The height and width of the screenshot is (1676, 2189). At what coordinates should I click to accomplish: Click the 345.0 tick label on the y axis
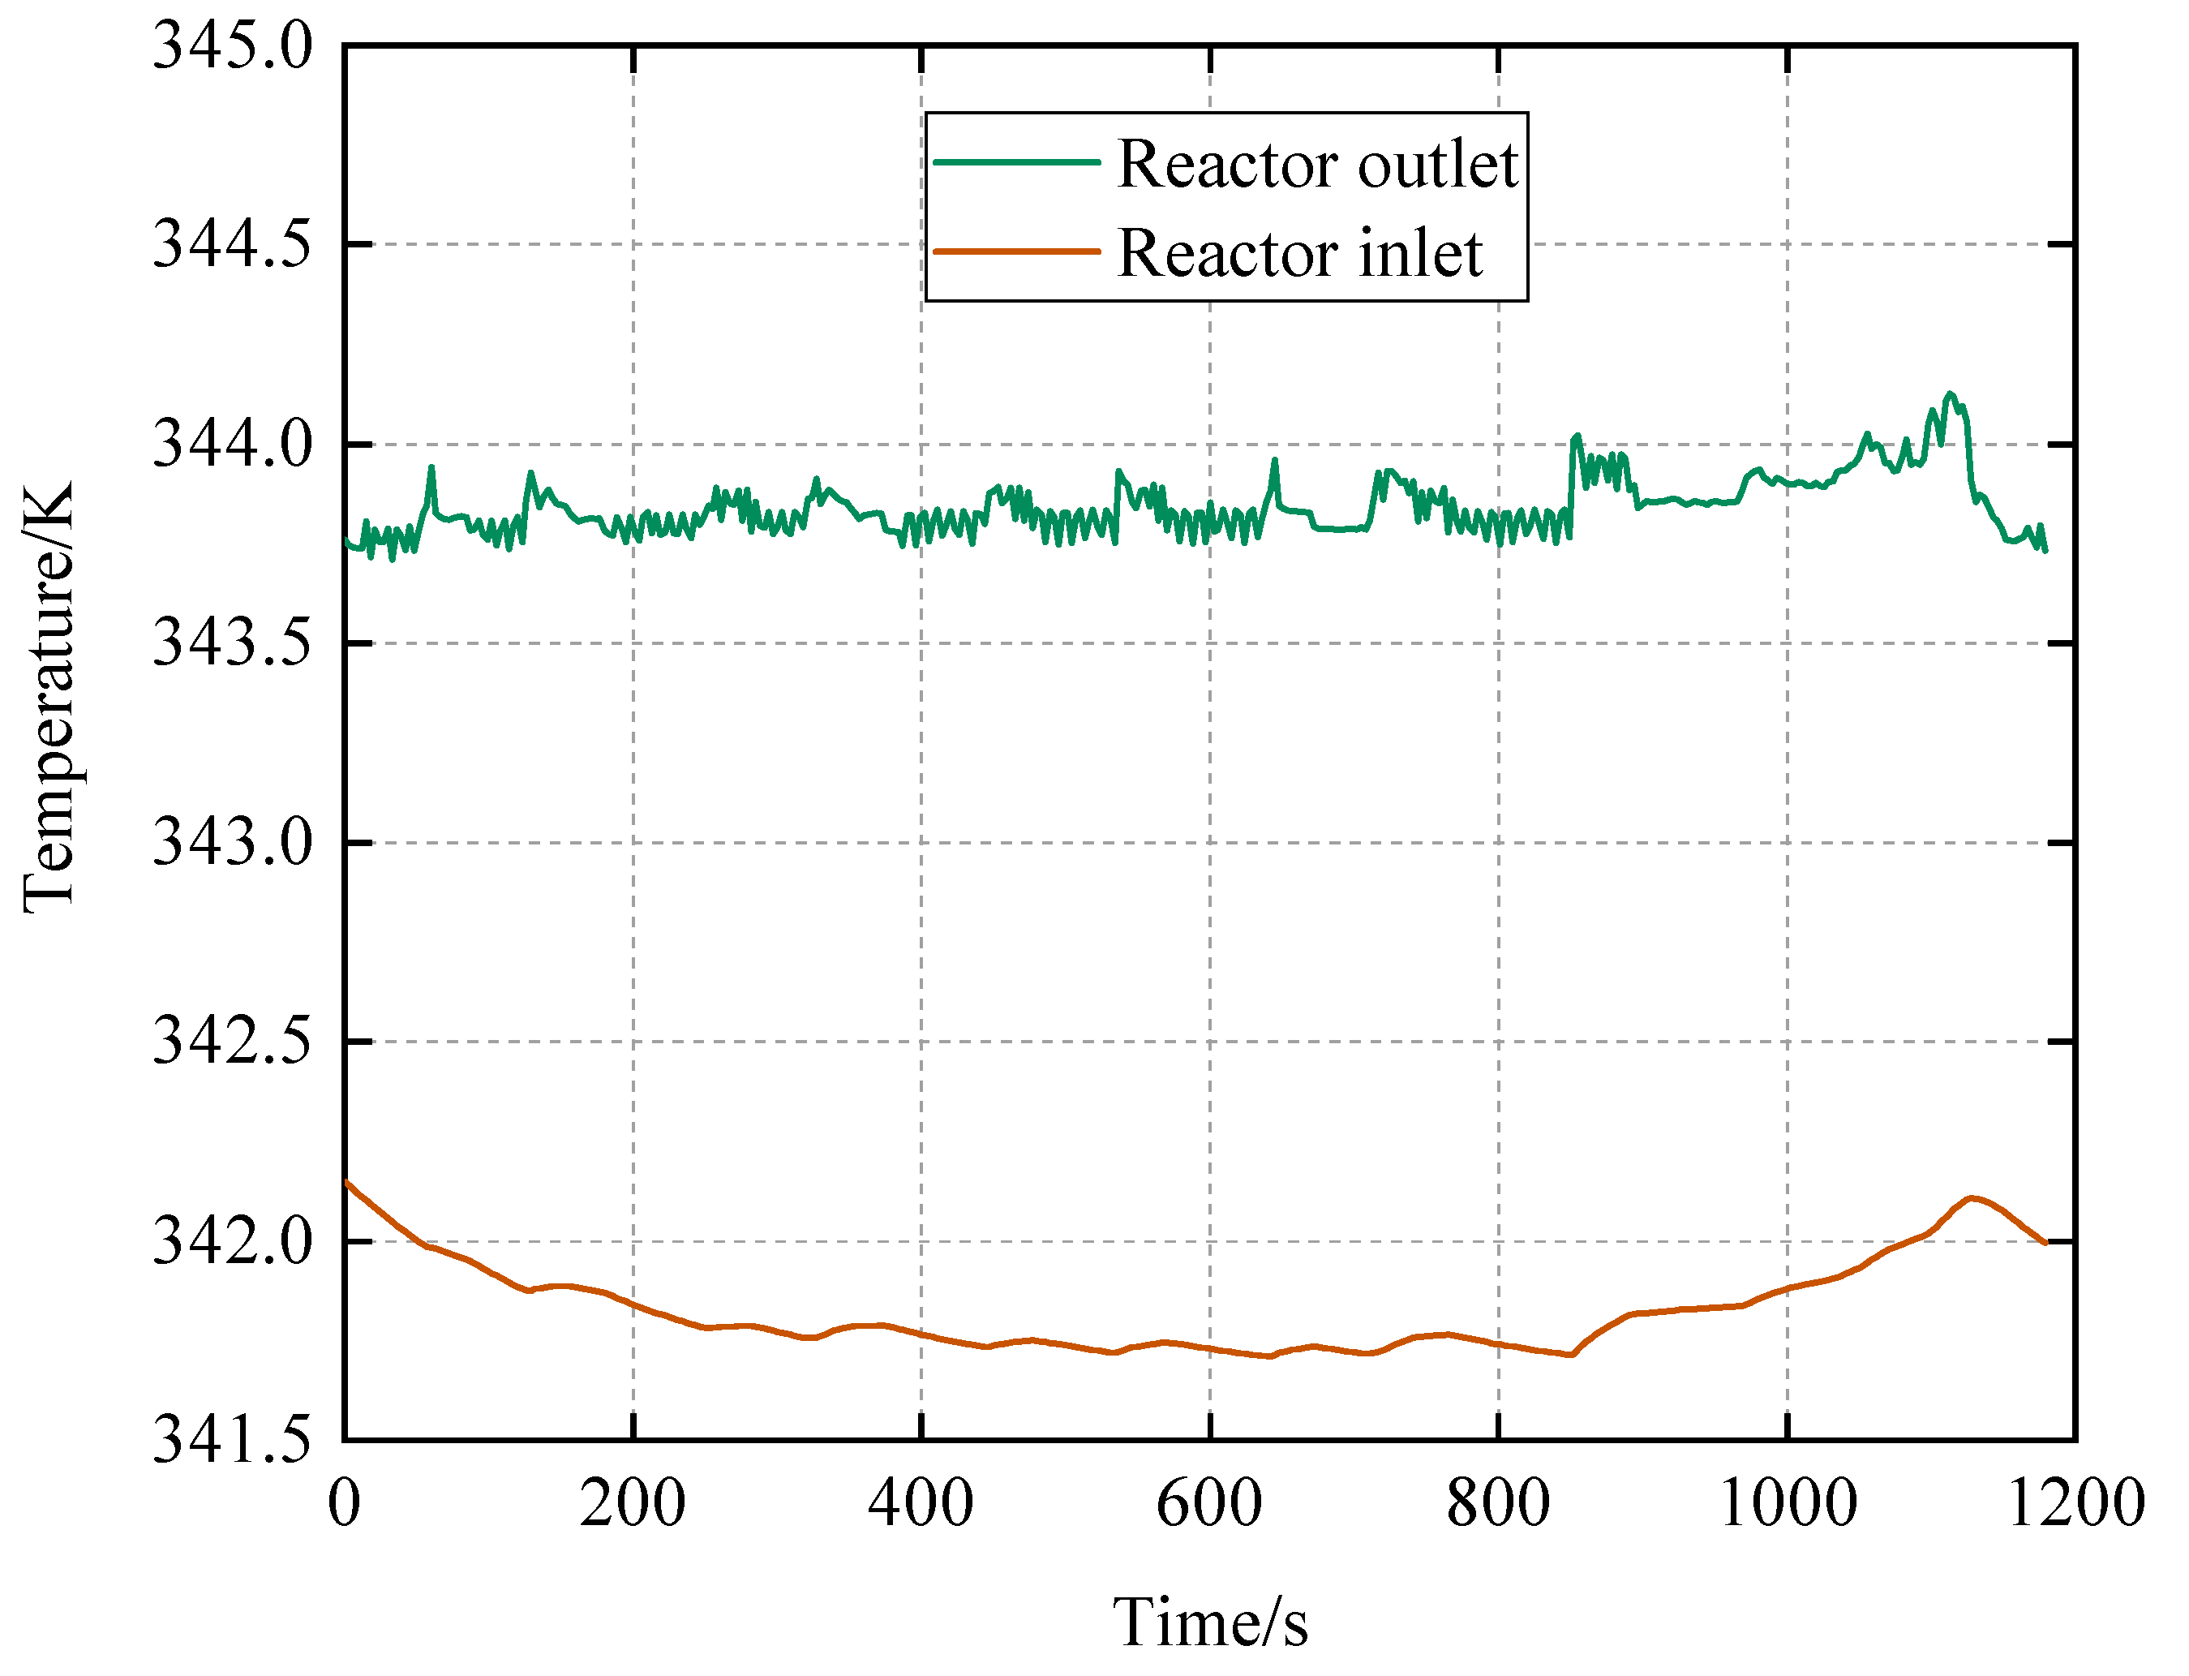click(x=231, y=47)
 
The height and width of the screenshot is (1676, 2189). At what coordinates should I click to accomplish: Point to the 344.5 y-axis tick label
click(x=231, y=244)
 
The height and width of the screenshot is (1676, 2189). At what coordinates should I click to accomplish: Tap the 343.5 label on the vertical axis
click(x=231, y=643)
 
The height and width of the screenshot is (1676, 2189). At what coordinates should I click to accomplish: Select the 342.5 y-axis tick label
click(x=231, y=1042)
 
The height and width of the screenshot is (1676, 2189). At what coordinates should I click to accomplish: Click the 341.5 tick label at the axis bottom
click(x=231, y=1442)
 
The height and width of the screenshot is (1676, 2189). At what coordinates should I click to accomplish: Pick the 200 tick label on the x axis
click(x=633, y=1503)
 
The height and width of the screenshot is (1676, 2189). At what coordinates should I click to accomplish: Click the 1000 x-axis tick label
click(x=1787, y=1503)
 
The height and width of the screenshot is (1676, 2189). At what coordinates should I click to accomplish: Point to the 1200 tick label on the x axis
click(x=2075, y=1503)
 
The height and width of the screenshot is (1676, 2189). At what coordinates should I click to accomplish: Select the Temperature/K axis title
click(x=48, y=698)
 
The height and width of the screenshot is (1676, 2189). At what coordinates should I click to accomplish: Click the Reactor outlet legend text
click(x=1316, y=164)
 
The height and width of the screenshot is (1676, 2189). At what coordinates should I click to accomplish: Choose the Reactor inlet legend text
click(x=1298, y=253)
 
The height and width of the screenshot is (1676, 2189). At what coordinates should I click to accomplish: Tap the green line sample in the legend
click(x=1015, y=162)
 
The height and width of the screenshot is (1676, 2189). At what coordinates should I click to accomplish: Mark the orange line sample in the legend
click(x=1015, y=252)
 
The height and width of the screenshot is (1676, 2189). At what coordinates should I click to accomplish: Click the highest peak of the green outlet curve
click(x=1950, y=393)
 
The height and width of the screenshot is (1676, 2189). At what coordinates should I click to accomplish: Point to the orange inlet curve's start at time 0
click(x=346, y=1182)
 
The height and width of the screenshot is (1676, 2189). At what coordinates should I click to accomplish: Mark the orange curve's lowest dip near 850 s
click(x=1571, y=1355)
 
